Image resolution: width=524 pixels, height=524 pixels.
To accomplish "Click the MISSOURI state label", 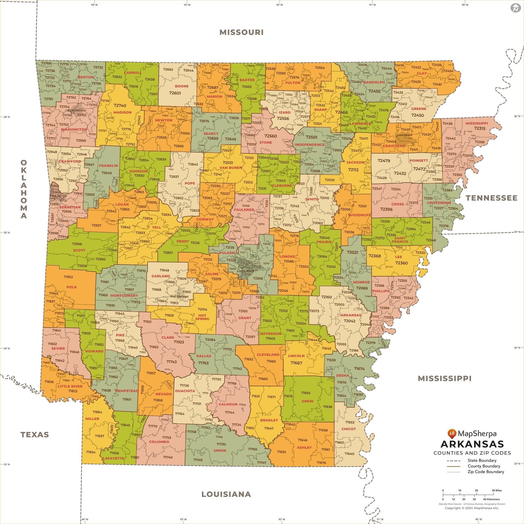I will (x=241, y=32).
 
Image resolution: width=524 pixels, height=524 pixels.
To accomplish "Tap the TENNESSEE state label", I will (x=491, y=198).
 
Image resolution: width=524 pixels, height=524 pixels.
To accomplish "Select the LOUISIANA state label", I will (x=226, y=494).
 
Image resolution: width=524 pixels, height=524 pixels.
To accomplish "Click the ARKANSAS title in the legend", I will (x=472, y=444).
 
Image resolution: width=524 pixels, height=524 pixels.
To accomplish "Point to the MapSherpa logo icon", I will (x=452, y=433).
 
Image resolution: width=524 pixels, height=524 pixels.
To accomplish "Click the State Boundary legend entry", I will (x=482, y=460).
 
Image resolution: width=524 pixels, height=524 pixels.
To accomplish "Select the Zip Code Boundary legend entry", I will (x=485, y=472).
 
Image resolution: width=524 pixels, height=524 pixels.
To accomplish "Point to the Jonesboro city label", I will (x=404, y=135).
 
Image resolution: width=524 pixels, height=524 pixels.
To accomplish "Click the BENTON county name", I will (x=86, y=77).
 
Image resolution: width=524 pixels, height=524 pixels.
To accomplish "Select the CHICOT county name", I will (x=348, y=429).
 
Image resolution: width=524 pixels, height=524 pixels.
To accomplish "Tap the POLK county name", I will (x=72, y=287).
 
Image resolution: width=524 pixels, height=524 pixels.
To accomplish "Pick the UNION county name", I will (x=220, y=450).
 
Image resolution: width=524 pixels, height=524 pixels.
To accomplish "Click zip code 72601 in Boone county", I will (x=175, y=93).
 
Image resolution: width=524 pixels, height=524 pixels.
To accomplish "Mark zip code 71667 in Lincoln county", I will (x=296, y=363).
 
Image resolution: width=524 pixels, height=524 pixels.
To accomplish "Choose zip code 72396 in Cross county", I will (x=386, y=209).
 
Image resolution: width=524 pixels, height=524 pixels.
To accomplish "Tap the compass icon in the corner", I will (x=515, y=8).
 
